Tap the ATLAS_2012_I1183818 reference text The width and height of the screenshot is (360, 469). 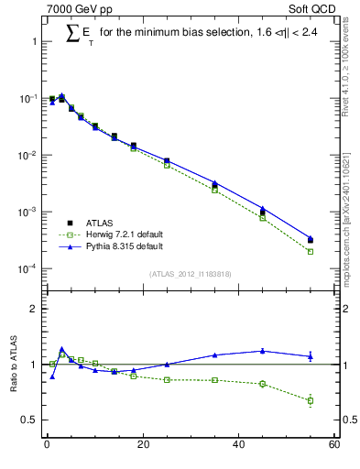(191, 274)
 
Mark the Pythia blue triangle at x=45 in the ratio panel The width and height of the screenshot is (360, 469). (263, 350)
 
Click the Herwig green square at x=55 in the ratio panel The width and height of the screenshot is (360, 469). (311, 400)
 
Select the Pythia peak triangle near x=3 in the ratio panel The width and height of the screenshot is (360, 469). (61, 349)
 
